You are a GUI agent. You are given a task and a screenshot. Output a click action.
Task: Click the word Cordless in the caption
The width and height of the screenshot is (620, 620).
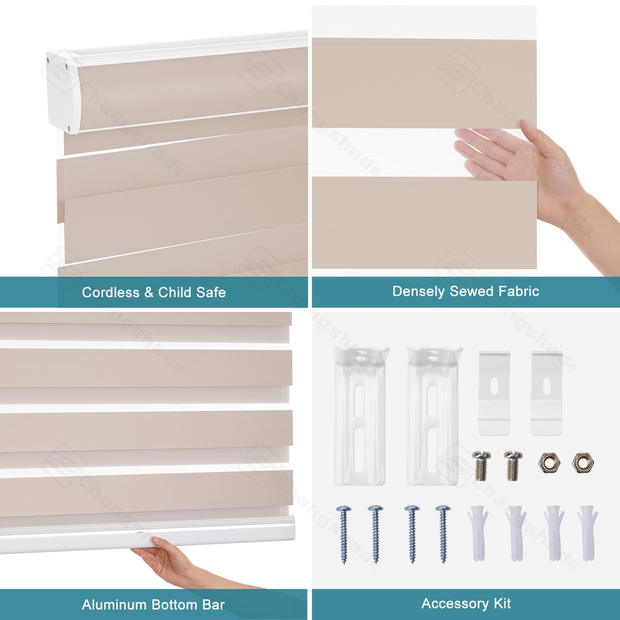coord(109,292)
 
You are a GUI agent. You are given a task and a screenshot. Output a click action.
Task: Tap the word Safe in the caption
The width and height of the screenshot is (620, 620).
coord(210,292)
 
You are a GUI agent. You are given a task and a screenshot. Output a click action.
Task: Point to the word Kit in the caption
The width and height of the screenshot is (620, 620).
coord(500,603)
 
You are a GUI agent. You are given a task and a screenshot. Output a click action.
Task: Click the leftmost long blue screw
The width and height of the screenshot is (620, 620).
coord(343,534)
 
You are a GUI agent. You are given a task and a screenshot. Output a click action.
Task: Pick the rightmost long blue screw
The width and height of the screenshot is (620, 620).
coord(443,534)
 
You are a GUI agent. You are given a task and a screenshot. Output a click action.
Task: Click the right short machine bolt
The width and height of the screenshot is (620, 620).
coord(511,464)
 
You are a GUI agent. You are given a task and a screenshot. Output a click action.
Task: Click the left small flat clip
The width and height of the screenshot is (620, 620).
coord(494,394)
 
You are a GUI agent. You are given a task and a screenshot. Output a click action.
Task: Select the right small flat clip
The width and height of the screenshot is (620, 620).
coord(546,394)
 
